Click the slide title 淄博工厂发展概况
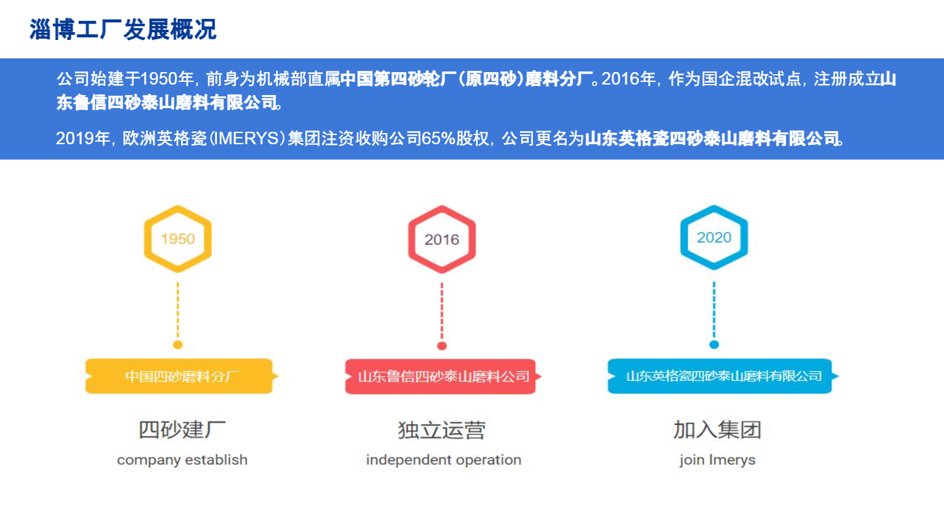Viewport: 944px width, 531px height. point(123,29)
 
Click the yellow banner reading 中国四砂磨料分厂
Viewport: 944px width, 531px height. point(182,376)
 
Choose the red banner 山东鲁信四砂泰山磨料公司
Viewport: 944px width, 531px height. point(443,376)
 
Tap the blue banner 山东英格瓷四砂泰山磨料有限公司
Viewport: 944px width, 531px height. point(723,376)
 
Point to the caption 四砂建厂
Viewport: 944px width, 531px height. point(182,430)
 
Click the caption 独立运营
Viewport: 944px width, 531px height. point(442,430)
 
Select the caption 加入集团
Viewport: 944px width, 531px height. point(717,430)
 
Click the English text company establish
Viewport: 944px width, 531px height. point(182,460)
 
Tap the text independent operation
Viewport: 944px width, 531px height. point(443,460)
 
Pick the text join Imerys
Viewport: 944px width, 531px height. point(717,460)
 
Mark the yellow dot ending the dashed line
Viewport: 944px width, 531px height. point(178,345)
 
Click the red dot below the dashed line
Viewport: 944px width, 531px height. point(442,346)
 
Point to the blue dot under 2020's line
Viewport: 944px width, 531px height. point(714,345)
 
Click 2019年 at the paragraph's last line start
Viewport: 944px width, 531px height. point(83,138)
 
